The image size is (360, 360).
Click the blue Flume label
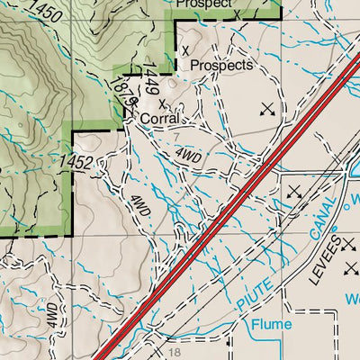pos(272,325)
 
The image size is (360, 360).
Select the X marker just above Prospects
pos(186,50)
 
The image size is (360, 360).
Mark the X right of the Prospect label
pos(236,14)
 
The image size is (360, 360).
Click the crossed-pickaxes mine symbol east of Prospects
pos(266,110)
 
